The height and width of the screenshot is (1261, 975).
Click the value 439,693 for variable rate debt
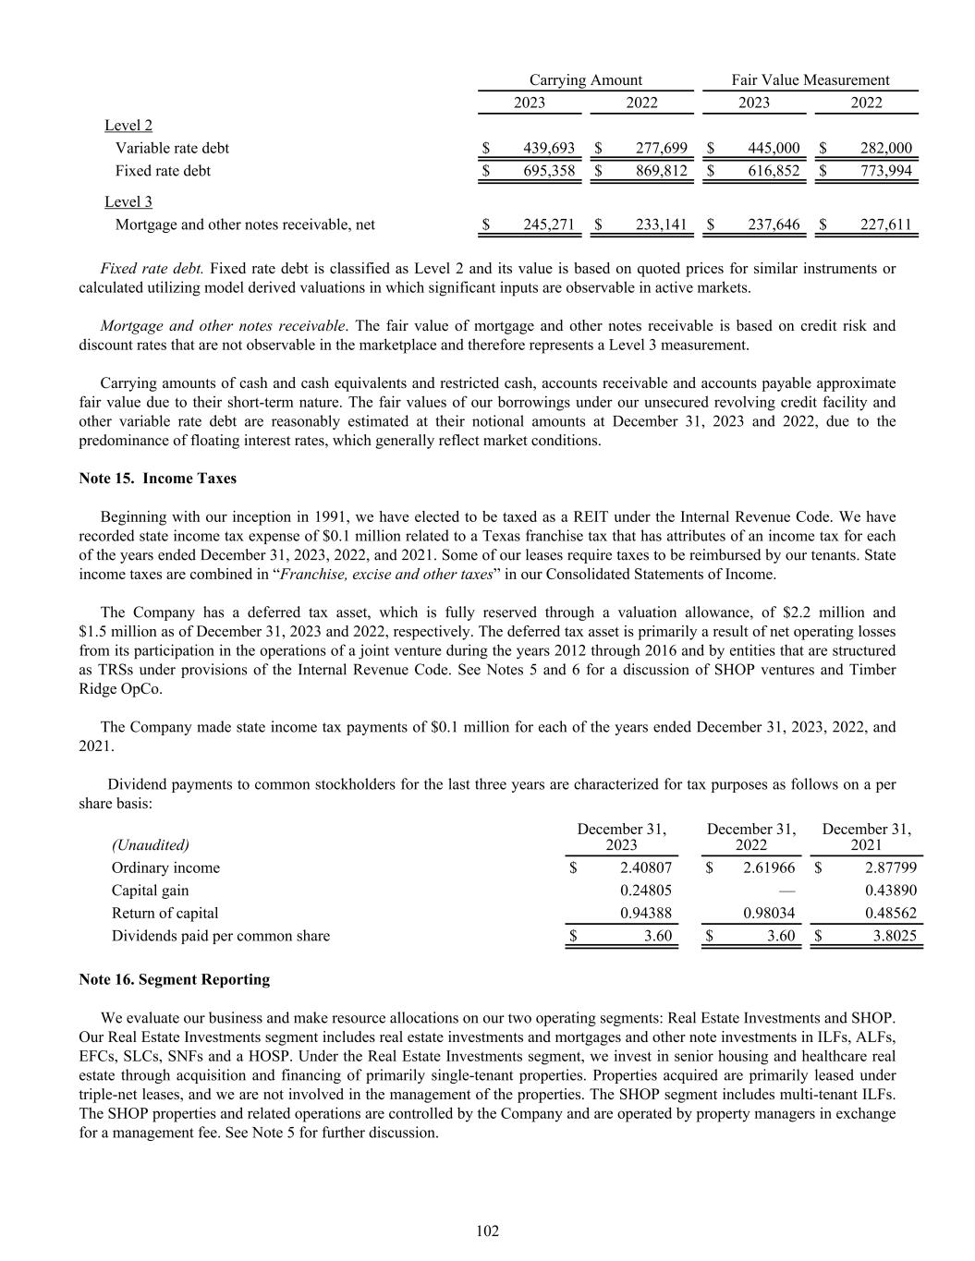[x=549, y=148]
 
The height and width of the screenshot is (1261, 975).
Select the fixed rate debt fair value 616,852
[x=774, y=171]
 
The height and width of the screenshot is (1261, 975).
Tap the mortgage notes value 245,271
[x=549, y=224]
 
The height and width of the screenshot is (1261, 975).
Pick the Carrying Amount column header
[x=585, y=80]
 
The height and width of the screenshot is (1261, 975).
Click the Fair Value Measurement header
[x=810, y=80]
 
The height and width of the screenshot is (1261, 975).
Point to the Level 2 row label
[x=128, y=126]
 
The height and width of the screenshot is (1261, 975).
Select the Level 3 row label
[x=128, y=202]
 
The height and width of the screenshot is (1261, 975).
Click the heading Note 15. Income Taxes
[x=158, y=479]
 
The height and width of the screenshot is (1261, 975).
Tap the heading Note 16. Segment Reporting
[x=175, y=979]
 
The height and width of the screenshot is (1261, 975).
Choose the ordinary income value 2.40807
[x=645, y=868]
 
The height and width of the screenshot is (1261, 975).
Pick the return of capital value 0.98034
[x=769, y=914]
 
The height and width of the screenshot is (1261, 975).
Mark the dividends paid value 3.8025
[x=891, y=936]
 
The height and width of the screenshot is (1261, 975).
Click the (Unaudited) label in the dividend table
[x=151, y=845]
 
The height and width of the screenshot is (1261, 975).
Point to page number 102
[x=487, y=1231]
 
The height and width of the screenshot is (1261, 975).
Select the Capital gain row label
[x=150, y=891]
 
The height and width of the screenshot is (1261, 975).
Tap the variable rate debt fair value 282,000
[x=886, y=148]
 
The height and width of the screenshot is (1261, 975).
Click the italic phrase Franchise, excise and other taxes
[x=386, y=574]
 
